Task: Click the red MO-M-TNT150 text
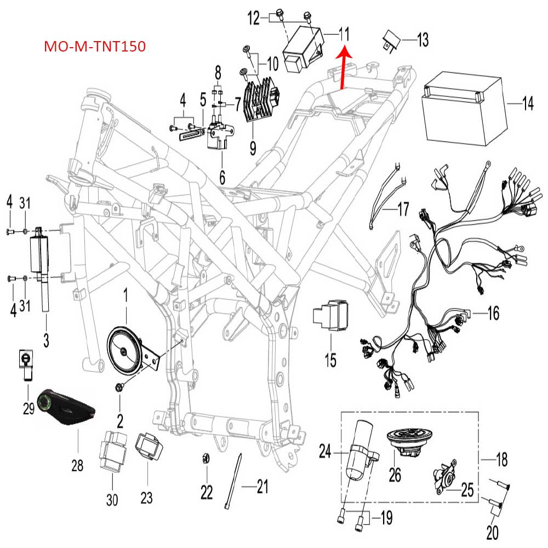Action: [95, 47]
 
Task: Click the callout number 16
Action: [493, 313]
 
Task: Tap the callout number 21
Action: [262, 486]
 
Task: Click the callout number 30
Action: [112, 499]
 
